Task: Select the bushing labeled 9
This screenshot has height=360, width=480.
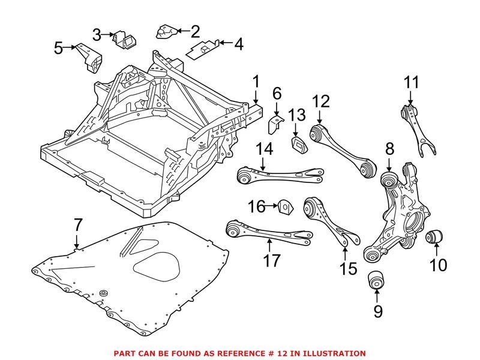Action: [x=376, y=280]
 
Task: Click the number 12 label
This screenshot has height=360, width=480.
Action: [x=321, y=101]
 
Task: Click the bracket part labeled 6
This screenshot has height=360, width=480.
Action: [x=275, y=124]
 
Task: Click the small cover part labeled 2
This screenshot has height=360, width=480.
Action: [x=165, y=30]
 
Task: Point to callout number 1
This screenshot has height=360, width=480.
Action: [x=256, y=82]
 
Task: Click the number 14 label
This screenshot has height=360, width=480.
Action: [x=265, y=148]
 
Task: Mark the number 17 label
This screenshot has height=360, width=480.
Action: [x=272, y=261]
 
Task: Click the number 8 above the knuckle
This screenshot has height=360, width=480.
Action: [x=389, y=148]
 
